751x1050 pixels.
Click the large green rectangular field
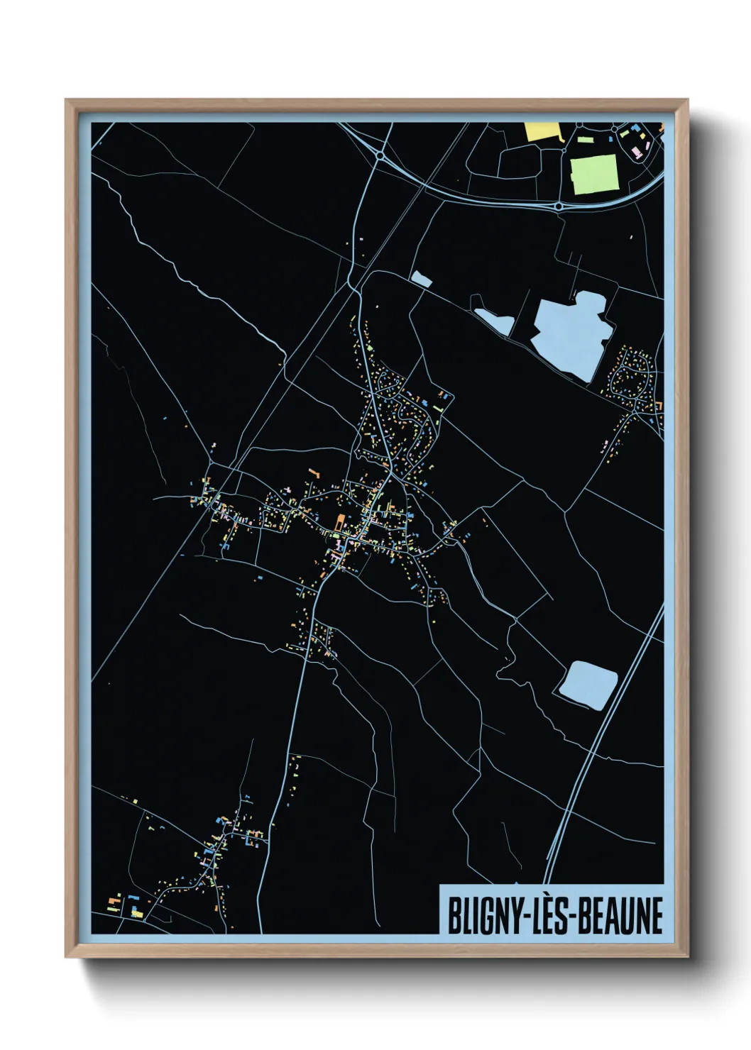tap(594, 174)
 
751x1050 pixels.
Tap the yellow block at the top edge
tap(542, 131)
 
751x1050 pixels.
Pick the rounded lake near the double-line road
tap(588, 684)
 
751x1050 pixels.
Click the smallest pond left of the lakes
tap(421, 279)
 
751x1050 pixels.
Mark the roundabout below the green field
tap(559, 206)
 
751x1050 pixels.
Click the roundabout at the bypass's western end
tap(380, 154)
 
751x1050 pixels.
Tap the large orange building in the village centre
tap(339, 523)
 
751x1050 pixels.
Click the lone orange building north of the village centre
tap(312, 470)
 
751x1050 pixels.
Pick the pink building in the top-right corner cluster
tap(637, 152)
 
